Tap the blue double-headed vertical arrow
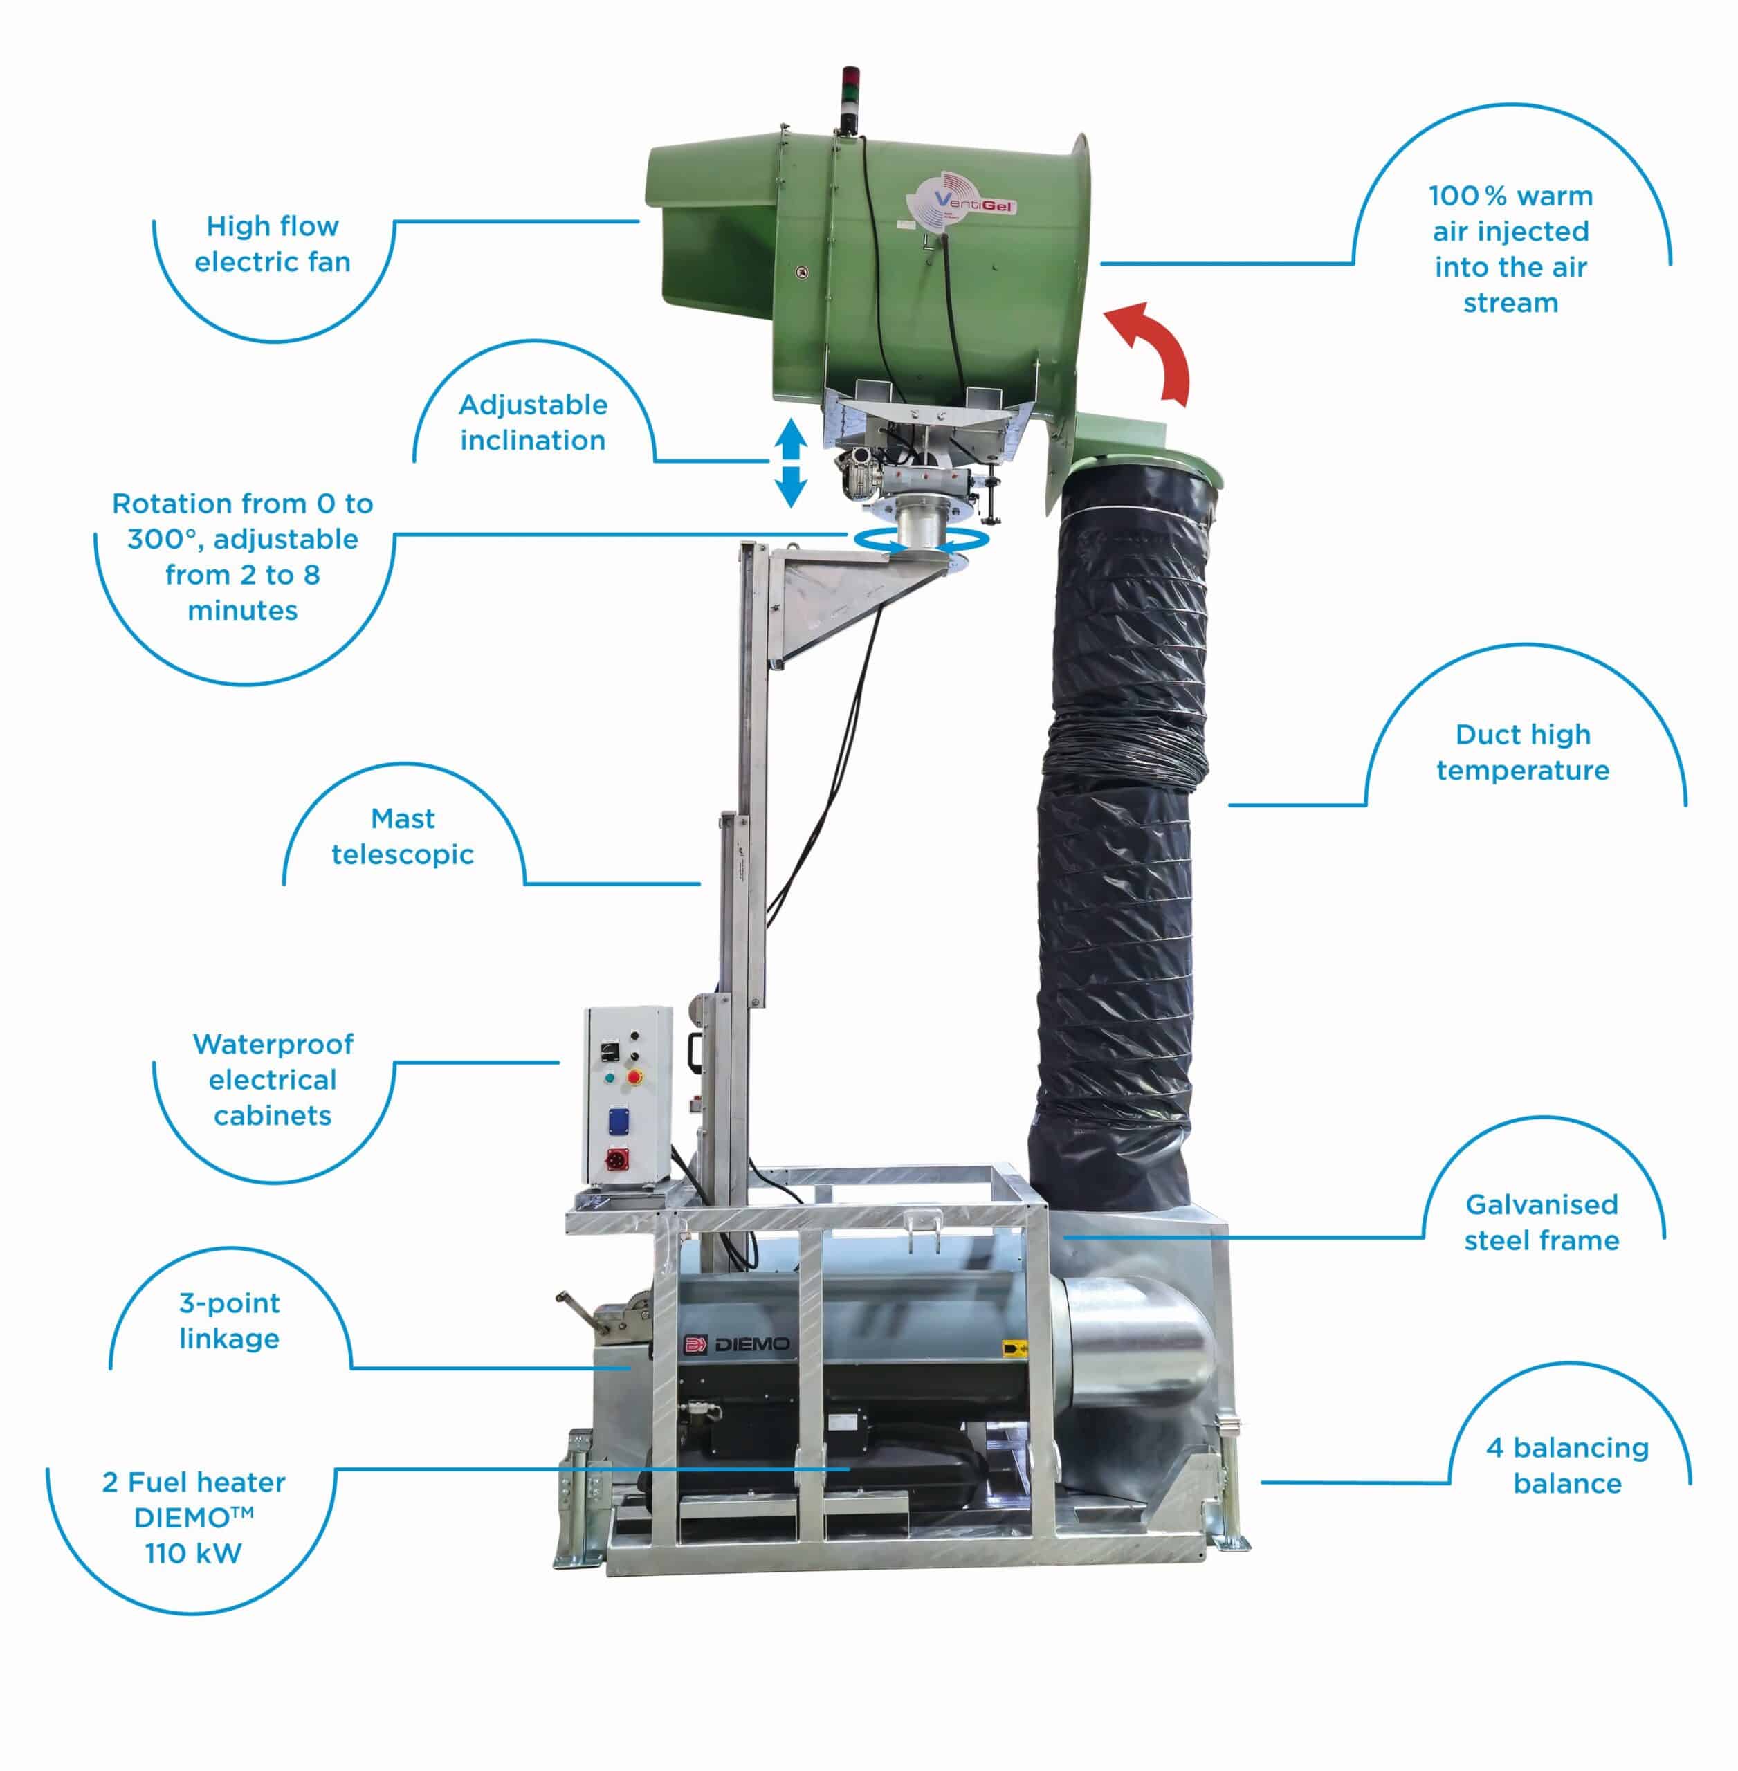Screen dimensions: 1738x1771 [x=791, y=463]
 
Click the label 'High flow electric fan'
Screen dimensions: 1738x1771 [x=272, y=244]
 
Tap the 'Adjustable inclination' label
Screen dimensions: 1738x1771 [x=533, y=422]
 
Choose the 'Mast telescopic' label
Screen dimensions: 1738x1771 [x=403, y=836]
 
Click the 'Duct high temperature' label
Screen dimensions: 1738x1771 [x=1523, y=752]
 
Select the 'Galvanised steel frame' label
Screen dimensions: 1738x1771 [x=1542, y=1222]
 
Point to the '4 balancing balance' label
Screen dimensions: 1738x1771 [x=1567, y=1465]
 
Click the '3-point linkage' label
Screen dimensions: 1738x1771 [x=229, y=1320]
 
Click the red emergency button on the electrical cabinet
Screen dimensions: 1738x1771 [x=634, y=1078]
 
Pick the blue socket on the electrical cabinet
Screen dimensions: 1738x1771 [x=618, y=1119]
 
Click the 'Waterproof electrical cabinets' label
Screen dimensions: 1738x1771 [x=273, y=1079]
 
